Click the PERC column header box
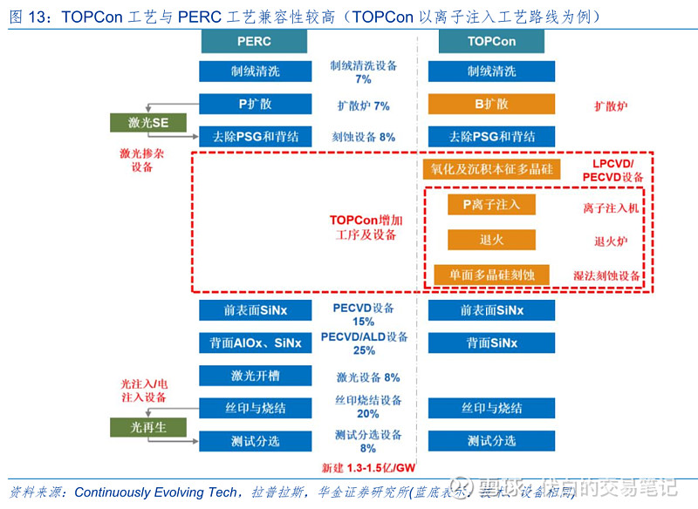click(x=254, y=41)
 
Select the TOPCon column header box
click(x=491, y=41)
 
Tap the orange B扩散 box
click(x=491, y=105)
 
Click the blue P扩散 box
click(x=255, y=105)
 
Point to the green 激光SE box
click(x=147, y=123)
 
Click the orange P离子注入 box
click(x=491, y=205)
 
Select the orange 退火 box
click(x=491, y=240)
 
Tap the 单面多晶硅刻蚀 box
click(x=491, y=275)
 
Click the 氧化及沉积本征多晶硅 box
click(x=491, y=168)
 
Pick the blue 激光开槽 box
click(x=255, y=376)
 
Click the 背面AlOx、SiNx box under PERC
click(x=255, y=343)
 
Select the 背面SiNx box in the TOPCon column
click(x=491, y=343)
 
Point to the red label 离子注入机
click(x=611, y=208)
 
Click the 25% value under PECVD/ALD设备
click(x=364, y=350)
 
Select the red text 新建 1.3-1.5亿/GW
click(x=366, y=467)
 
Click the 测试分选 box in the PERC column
click(x=255, y=441)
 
